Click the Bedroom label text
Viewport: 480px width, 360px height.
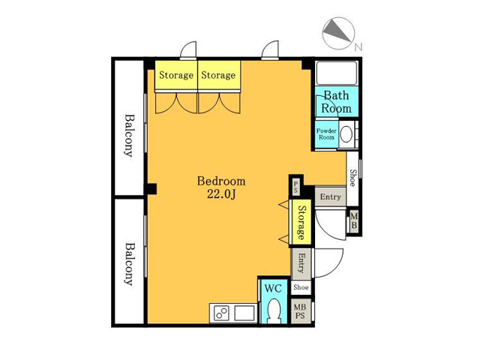221,181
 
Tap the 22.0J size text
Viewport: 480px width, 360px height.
221,193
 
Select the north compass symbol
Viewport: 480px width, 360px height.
338,33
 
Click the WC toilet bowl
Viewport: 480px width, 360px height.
273,310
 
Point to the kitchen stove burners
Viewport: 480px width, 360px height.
221,313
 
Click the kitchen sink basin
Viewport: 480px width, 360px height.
244,313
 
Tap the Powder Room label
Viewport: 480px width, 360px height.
326,133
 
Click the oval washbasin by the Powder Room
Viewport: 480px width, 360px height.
346,134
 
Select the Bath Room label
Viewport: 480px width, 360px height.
336,102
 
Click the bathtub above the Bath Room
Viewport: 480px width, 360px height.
337,73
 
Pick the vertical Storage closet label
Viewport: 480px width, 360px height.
301,222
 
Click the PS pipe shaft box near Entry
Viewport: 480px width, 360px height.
295,187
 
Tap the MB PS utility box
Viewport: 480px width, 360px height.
300,310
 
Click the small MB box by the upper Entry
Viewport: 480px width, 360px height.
353,220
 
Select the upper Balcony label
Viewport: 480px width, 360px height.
130,135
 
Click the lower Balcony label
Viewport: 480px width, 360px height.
130,264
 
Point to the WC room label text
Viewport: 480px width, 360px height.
273,288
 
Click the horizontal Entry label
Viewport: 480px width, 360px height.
330,196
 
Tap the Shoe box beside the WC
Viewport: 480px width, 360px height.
301,287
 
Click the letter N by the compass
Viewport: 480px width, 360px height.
358,46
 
